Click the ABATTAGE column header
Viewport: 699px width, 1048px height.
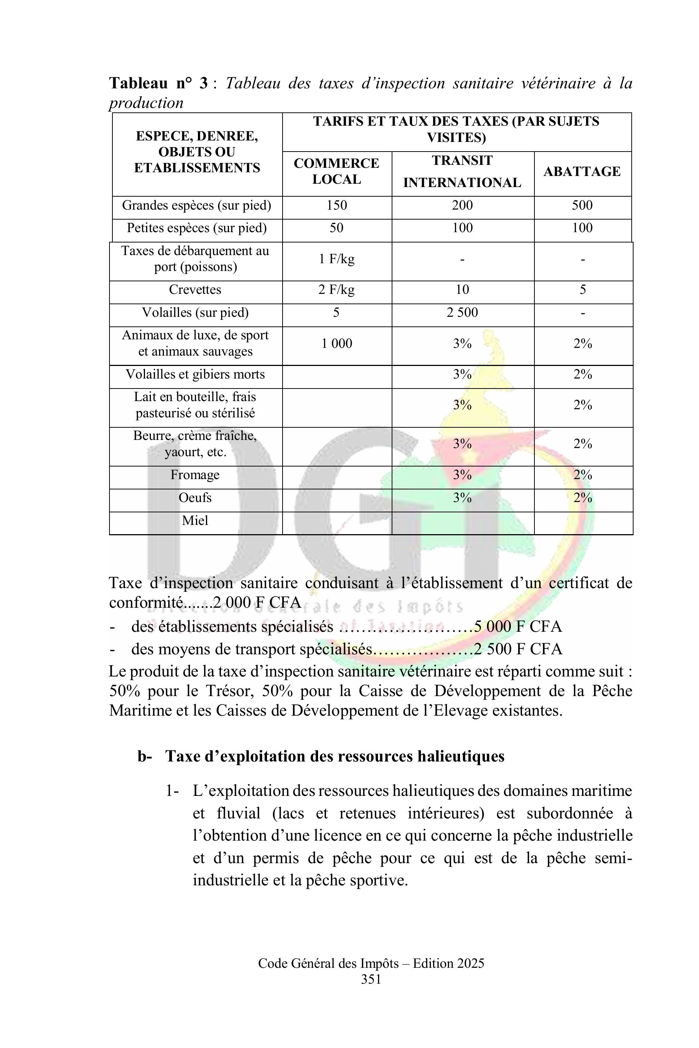[582, 172]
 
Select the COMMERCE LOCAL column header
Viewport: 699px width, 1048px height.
[336, 171]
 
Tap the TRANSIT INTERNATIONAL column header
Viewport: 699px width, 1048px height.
[462, 172]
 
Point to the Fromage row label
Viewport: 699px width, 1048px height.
[195, 475]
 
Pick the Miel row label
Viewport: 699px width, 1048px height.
[195, 520]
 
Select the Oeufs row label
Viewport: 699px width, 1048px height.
[195, 498]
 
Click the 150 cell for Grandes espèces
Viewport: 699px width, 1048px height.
[336, 206]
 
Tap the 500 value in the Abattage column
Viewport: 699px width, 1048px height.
[582, 206]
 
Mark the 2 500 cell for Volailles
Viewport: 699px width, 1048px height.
[462, 312]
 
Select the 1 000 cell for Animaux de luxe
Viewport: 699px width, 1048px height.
[337, 343]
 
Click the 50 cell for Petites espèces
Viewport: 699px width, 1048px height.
[336, 228]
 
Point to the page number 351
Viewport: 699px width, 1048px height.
[371, 979]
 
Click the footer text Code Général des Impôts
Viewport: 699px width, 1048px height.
[328, 964]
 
